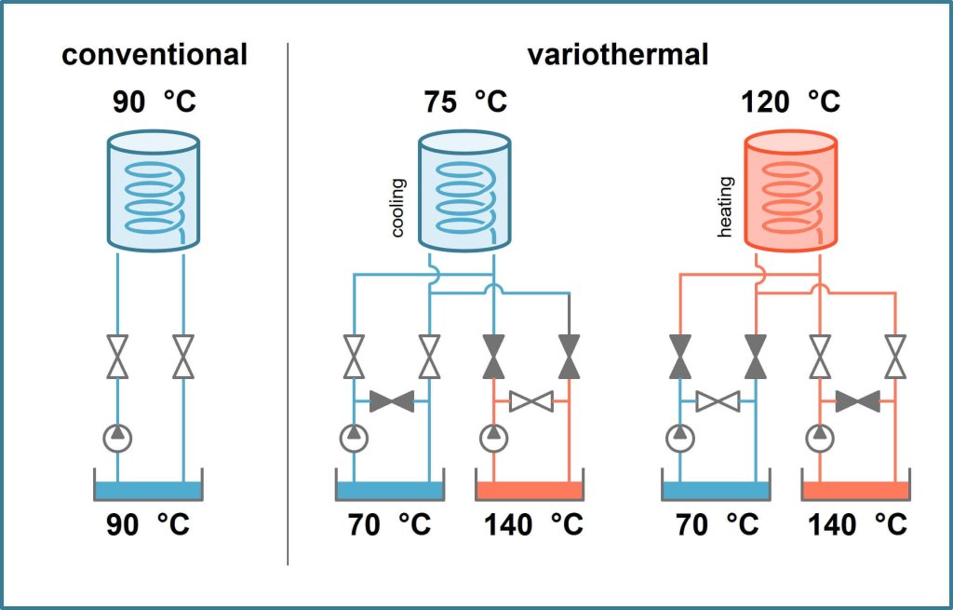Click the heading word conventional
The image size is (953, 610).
pos(154,55)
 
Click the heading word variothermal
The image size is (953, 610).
pos(618,55)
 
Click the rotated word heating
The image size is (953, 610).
pos(725,214)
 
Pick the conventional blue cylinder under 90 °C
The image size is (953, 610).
pos(154,192)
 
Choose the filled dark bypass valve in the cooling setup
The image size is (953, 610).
pos(392,402)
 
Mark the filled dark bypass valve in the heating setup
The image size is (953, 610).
pos(857,402)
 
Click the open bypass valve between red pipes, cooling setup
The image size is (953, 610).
pos(531,402)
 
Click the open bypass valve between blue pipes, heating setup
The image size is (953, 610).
pos(718,402)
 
